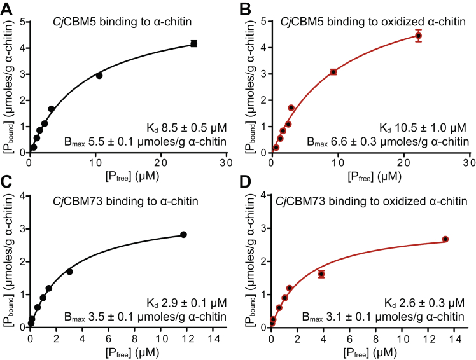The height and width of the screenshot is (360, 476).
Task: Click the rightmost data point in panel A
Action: click(x=193, y=44)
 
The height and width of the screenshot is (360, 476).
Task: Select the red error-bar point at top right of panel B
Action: click(x=418, y=36)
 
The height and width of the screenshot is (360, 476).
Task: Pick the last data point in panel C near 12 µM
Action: click(x=183, y=235)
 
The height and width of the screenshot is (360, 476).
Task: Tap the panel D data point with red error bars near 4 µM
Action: click(x=321, y=274)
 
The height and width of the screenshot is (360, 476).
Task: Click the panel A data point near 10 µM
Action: click(x=99, y=76)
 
